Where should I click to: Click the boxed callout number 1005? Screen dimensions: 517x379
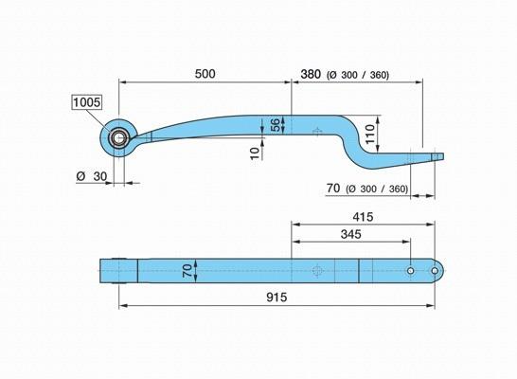coord(87,102)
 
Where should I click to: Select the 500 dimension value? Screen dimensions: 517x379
coord(205,74)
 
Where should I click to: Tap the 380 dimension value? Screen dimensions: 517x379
coord(311,74)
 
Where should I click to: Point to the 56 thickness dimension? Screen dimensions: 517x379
coord(275,124)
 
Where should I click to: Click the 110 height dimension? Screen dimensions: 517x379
coord(369,134)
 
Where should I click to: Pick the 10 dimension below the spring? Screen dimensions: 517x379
coord(255,153)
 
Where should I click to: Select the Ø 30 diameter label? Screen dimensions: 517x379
coord(92,176)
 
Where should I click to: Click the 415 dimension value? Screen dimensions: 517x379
coord(363,217)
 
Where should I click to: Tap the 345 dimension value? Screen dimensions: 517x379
coord(350,234)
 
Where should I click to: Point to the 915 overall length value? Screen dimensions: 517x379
coord(276,298)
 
